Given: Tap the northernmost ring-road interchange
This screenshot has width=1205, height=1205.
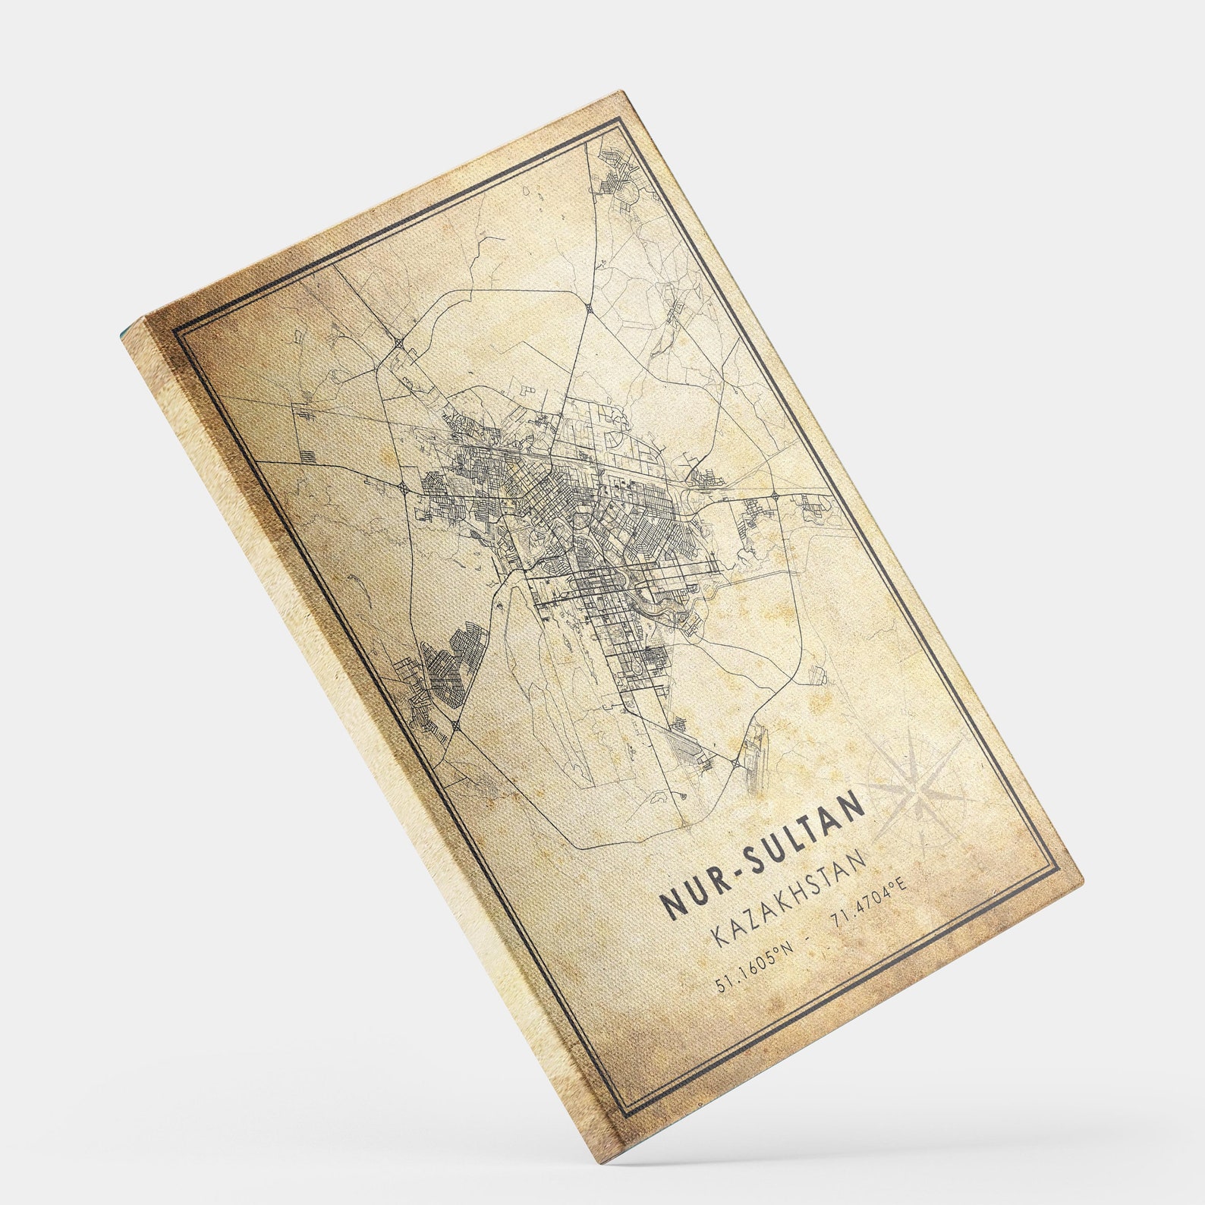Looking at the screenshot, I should click(x=590, y=307).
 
